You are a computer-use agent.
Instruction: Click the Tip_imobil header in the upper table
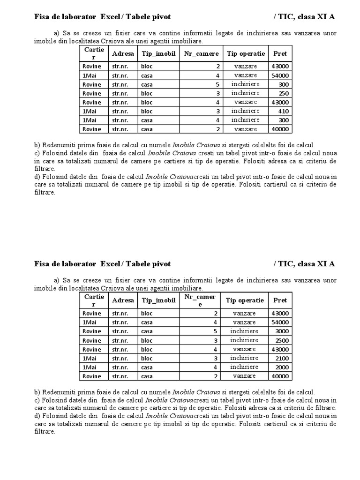158,53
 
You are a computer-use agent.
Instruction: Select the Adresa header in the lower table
123,300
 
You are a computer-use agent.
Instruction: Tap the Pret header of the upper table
280,53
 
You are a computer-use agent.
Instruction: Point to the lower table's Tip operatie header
245,300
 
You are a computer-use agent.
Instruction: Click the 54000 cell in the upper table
280,75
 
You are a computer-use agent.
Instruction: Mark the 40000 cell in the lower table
280,376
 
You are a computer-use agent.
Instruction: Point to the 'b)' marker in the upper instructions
37,145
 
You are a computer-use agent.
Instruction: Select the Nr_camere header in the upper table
201,53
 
